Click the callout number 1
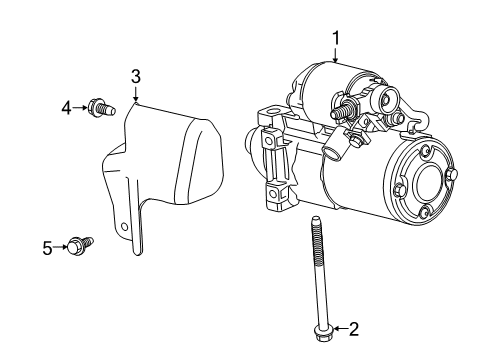point(337,38)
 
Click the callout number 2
point(352,328)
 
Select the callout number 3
point(136,77)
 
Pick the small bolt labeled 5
point(80,244)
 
